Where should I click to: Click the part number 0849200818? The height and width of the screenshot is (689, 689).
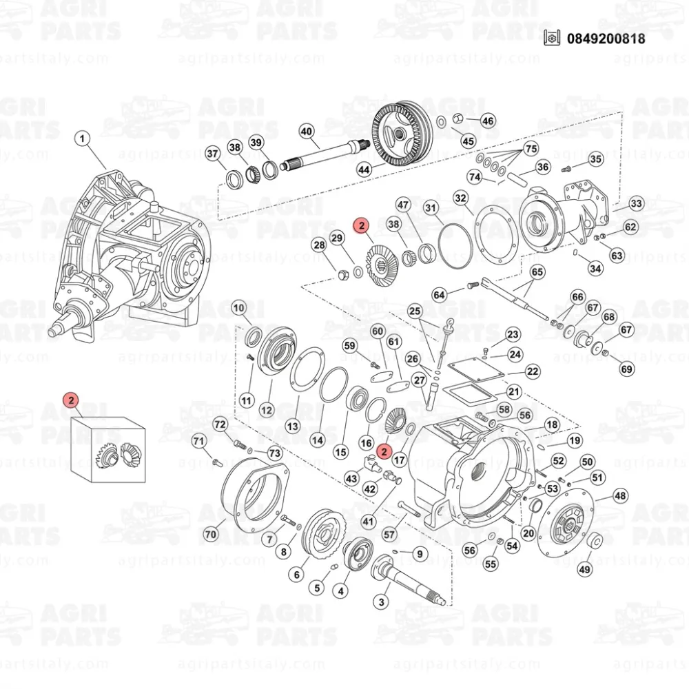pos(606,39)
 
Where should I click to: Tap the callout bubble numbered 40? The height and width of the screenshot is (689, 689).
pos(306,131)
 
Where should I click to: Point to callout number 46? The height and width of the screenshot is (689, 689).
pos(488,121)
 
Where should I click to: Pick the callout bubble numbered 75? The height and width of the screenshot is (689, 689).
pos(531,150)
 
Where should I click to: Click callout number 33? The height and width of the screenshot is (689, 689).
pos(636,204)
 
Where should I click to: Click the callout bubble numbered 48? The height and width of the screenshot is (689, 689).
pos(620,495)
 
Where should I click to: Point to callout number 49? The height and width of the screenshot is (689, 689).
pos(584,569)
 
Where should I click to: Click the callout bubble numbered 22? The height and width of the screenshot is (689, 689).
pos(533,371)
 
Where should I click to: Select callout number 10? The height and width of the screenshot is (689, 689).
pos(239,307)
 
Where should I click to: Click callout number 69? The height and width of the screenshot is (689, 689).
pos(626,369)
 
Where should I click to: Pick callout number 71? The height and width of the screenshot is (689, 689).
pos(198,441)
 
